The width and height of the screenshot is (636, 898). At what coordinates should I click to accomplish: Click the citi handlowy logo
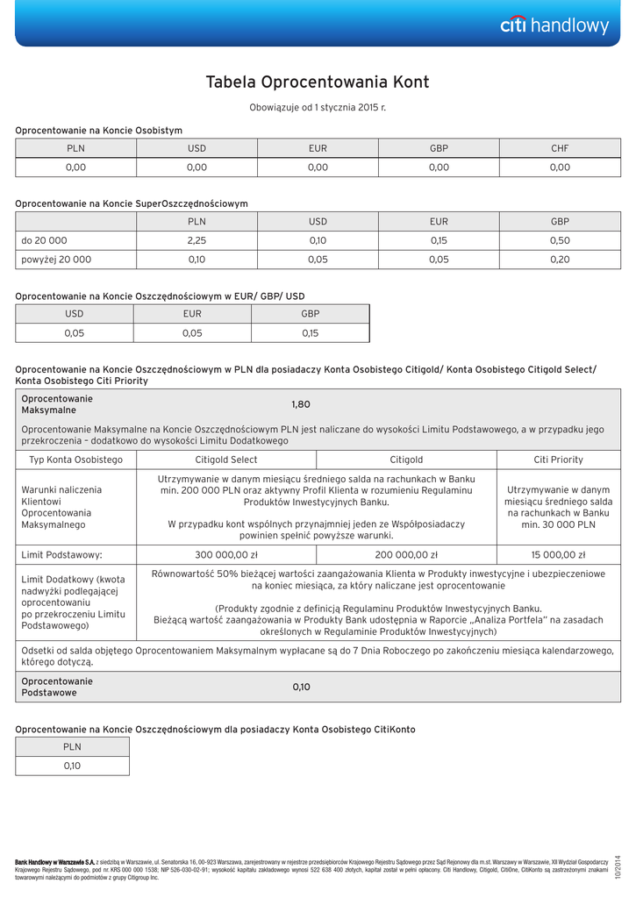coord(554,25)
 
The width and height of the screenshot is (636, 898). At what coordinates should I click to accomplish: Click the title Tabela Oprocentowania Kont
coord(318,82)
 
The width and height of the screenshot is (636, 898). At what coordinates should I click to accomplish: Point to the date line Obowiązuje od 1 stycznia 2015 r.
coord(318,107)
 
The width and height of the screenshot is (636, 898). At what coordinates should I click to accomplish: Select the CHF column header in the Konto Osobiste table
coord(560,148)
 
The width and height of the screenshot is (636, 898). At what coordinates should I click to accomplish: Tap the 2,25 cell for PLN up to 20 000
coord(197,240)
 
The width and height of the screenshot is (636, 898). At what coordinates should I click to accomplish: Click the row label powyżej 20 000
coord(56,260)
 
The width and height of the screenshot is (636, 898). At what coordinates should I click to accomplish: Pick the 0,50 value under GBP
coord(560,240)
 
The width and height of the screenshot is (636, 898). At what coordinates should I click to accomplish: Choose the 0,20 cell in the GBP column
coord(560,260)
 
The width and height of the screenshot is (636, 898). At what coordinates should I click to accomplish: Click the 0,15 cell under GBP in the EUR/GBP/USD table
coord(310,333)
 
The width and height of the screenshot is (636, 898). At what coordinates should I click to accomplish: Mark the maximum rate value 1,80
coord(301,404)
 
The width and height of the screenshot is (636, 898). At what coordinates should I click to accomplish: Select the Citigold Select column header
coord(225,460)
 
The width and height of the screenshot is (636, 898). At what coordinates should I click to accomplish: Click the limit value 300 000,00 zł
coord(225,555)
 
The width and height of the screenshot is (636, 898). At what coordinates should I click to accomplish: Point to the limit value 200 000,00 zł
coord(406,555)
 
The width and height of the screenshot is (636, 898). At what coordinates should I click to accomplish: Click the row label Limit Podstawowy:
coord(61,555)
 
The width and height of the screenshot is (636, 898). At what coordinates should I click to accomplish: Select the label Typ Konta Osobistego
coord(76,460)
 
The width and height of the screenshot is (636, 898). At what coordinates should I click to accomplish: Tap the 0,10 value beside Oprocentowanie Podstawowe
coord(301,687)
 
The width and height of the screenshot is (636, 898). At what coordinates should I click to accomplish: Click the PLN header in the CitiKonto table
coord(72,747)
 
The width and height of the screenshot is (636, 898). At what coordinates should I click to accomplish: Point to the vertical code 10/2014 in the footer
coord(618,866)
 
